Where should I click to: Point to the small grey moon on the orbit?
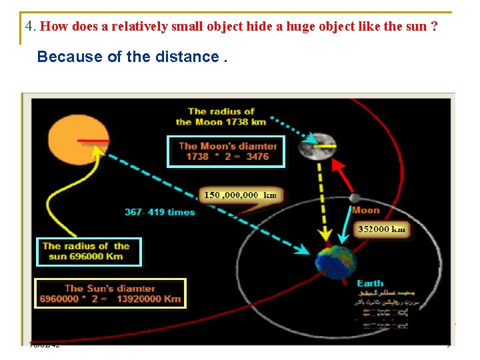point(355,198)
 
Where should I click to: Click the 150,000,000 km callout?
point(240,195)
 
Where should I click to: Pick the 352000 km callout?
point(381,229)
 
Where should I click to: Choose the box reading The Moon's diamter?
point(227,151)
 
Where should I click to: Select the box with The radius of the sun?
point(89,251)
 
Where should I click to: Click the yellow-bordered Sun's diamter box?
point(110,293)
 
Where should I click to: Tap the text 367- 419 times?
point(159,212)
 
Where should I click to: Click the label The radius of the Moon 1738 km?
point(221,117)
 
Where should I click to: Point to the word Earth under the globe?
point(370,283)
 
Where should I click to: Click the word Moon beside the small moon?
point(365,210)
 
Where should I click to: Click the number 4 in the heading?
point(29,27)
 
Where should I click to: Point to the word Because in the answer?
point(61,57)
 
